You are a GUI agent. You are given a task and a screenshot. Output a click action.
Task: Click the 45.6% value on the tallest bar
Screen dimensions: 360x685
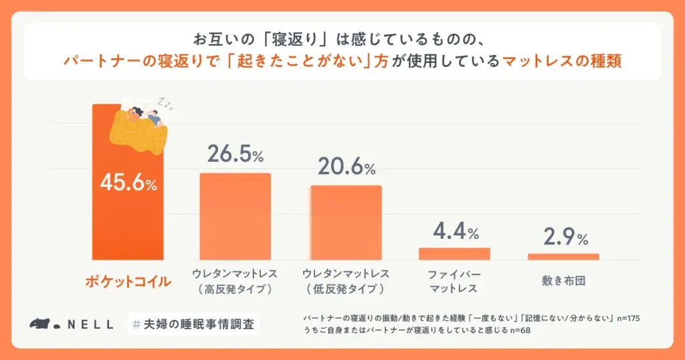128,183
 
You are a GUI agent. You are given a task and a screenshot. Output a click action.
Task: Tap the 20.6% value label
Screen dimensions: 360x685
345,167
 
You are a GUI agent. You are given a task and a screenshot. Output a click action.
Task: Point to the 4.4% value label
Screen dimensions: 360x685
455,232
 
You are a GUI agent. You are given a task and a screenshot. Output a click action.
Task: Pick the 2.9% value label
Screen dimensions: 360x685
563,238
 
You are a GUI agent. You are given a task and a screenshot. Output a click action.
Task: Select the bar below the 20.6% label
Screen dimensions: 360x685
346,222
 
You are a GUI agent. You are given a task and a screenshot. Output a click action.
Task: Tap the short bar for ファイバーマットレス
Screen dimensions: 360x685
454,254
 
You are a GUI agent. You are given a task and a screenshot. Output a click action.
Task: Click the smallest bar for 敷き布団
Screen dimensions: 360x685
563,256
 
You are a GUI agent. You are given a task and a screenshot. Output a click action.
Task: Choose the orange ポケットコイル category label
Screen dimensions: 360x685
128,281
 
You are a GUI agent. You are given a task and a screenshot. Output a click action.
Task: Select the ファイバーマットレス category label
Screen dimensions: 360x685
454,281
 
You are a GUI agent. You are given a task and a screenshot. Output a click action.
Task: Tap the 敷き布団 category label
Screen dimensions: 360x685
563,280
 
